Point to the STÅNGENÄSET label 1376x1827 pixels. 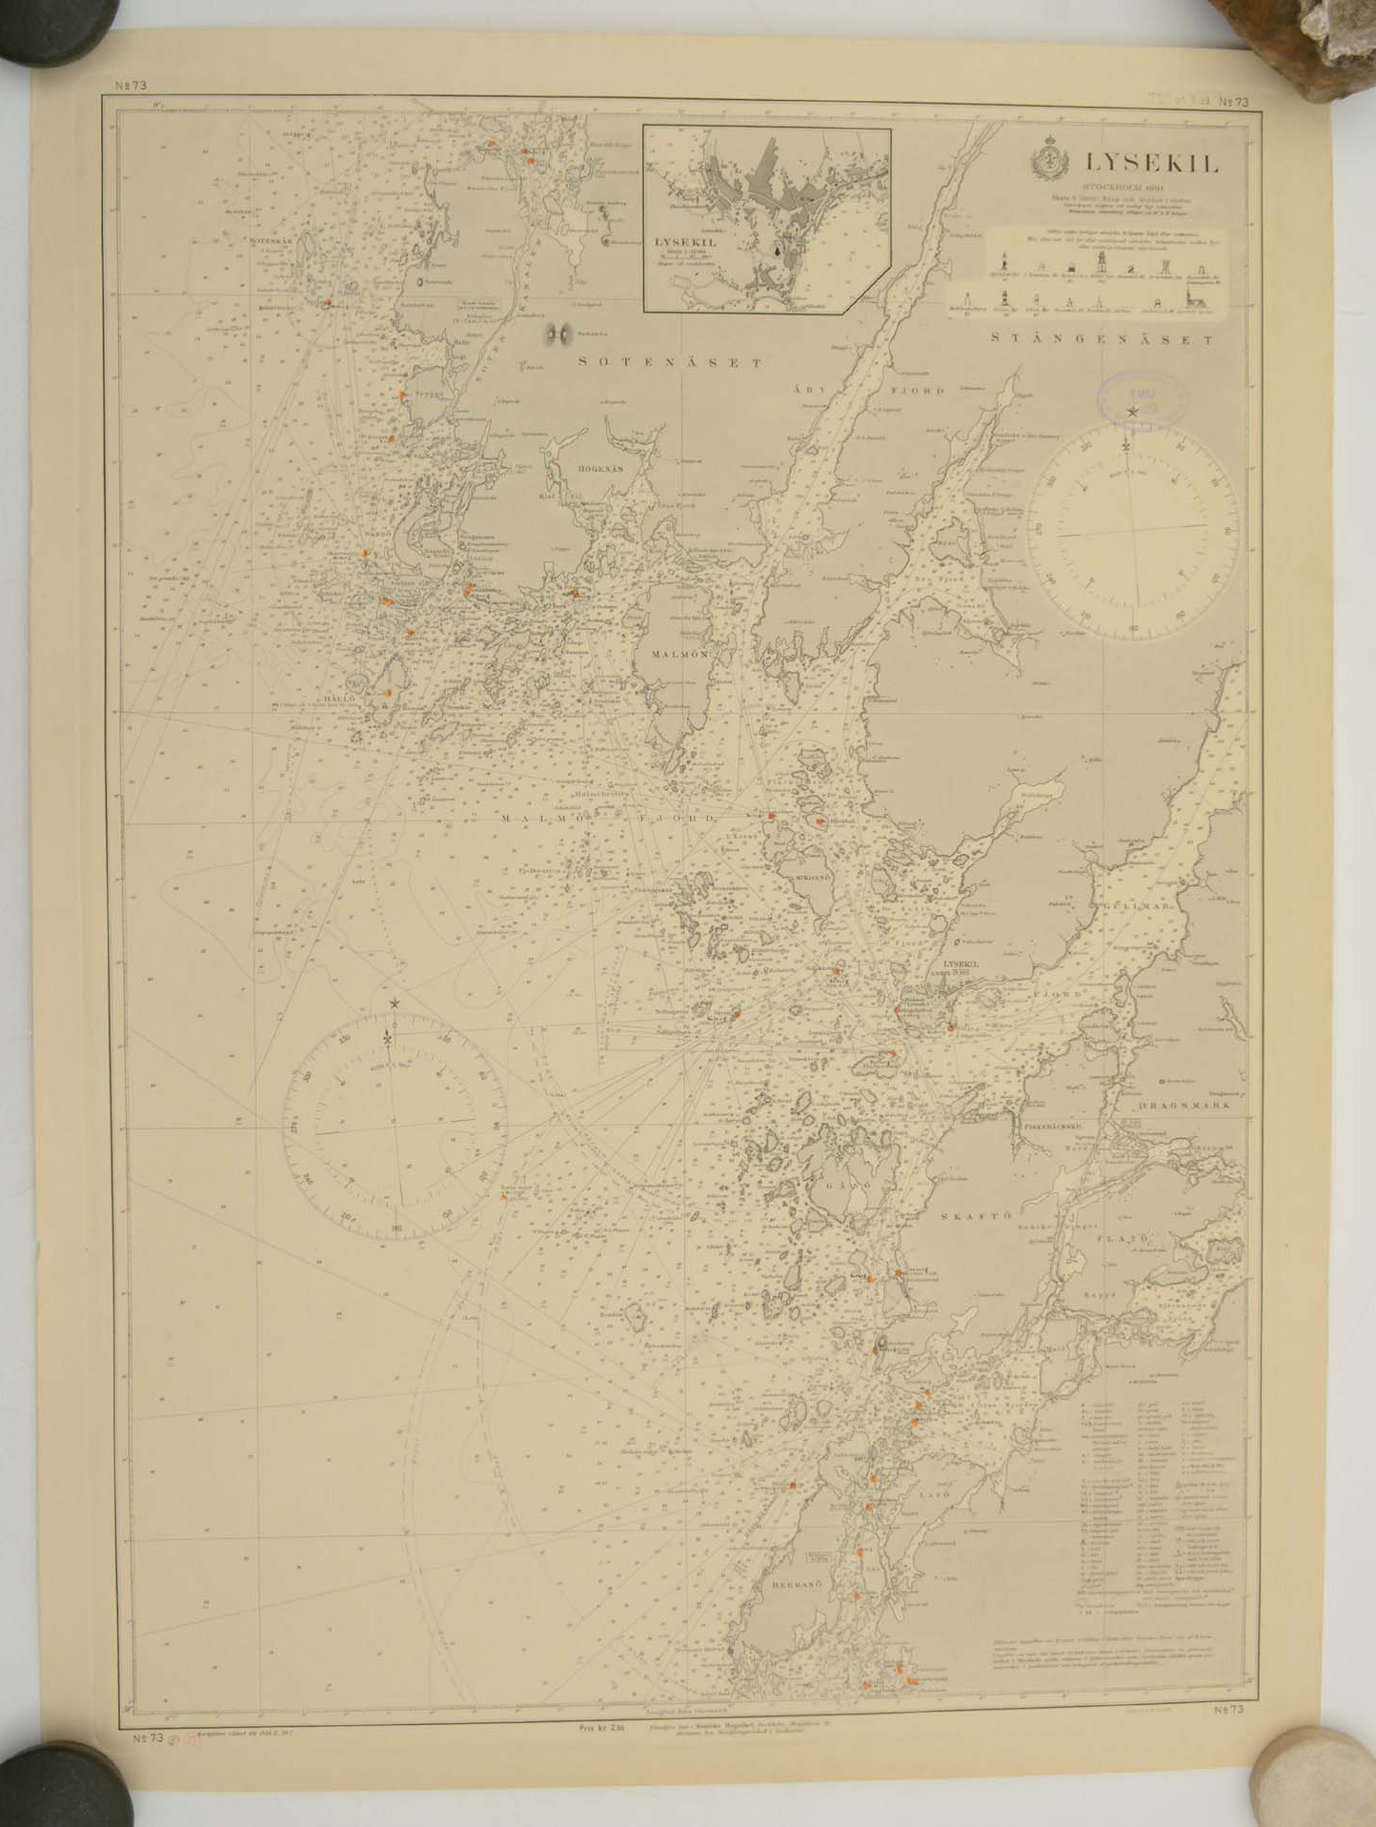(x=1103, y=339)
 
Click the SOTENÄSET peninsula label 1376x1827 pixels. (x=672, y=362)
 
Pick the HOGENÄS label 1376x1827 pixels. (x=599, y=469)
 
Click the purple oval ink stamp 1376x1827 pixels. (x=1143, y=396)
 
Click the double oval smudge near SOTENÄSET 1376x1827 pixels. (x=558, y=334)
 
